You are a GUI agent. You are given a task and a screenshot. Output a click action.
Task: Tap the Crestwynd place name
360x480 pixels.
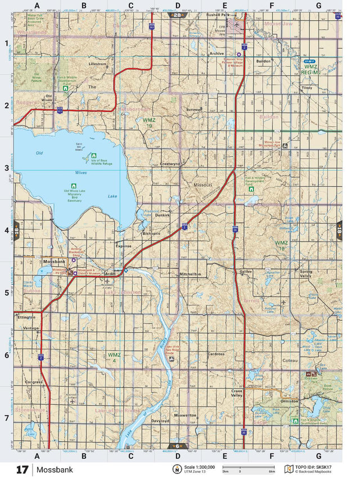pos(169,164)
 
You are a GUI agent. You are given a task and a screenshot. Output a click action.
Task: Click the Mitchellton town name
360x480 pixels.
pos(190,274)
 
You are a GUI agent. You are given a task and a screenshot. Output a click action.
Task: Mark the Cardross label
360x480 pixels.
pos(216,354)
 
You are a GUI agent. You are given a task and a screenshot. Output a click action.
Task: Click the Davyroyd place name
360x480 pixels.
pos(160,420)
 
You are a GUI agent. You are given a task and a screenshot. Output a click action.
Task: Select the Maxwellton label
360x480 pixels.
pos(186,415)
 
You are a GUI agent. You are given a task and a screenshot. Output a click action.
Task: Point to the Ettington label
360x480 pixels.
pos(26,317)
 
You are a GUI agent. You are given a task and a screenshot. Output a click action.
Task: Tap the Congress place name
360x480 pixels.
pos(34,382)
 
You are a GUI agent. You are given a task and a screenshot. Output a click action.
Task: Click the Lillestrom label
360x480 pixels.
pos(97,64)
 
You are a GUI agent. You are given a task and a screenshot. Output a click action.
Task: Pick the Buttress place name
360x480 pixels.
pos(194,110)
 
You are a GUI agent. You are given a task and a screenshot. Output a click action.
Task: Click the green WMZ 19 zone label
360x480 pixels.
pos(148,123)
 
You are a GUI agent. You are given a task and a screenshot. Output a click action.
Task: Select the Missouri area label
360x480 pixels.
pos(202,185)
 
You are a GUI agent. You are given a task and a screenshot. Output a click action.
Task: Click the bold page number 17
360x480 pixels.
pos(22,469)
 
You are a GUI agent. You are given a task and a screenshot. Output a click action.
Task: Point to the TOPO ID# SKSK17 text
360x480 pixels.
pos(316,467)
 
